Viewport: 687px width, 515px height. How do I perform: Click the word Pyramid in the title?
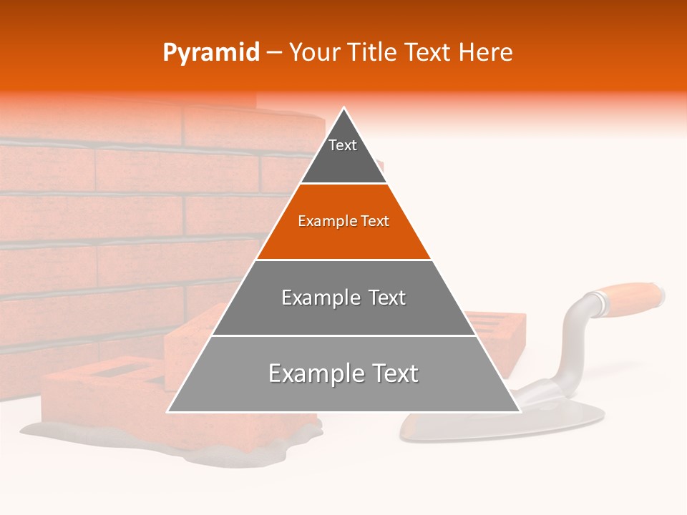tap(210, 53)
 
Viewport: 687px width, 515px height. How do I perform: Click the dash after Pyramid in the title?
tap(274, 53)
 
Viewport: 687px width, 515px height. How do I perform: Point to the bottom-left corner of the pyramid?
tap(169, 411)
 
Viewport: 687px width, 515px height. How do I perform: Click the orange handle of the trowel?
tap(633, 295)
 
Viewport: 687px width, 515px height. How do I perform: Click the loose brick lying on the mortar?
tap(107, 401)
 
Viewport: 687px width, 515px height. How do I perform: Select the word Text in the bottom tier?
tap(392, 373)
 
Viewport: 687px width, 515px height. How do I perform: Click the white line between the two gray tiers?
tap(343, 335)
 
